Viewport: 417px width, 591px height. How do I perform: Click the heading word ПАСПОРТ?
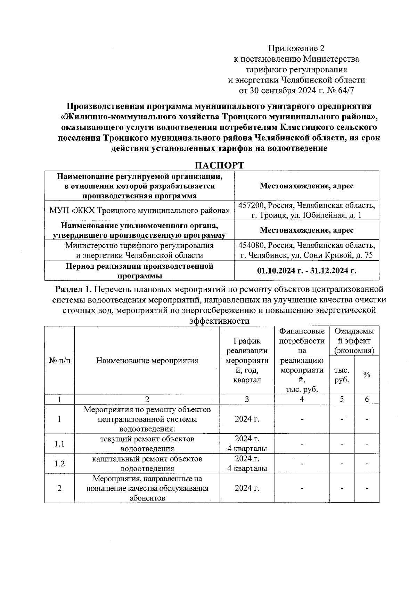pos(219,165)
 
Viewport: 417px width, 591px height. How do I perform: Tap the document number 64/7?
pos(347,91)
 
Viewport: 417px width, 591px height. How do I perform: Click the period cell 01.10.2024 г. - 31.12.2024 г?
pos(306,270)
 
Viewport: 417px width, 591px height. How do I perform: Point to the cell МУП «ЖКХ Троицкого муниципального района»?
pos(139,210)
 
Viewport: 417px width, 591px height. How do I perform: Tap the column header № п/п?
pos(59,361)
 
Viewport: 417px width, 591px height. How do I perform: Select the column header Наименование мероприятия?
pos(147,361)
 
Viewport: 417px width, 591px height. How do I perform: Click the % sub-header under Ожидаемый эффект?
pos(367,375)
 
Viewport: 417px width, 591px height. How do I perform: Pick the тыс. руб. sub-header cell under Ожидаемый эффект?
pos(342,375)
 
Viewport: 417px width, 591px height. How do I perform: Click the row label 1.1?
pos(59,444)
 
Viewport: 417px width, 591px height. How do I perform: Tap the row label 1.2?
pos(59,464)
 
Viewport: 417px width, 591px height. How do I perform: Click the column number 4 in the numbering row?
pos(302,399)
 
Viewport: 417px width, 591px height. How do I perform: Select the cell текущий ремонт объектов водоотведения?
pos(147,444)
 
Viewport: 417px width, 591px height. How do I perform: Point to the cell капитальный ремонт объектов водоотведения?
pos(147,464)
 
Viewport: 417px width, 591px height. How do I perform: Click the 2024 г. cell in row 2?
pos(247,488)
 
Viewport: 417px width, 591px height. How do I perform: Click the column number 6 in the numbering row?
pos(367,399)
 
